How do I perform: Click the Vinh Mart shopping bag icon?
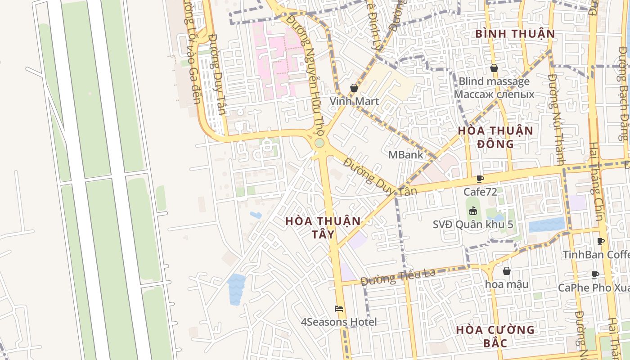pyautogui.click(x=354, y=88)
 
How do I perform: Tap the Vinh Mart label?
pyautogui.click(x=354, y=101)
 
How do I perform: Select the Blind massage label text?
pyautogui.click(x=494, y=82)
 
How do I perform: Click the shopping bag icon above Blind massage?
pyautogui.click(x=494, y=68)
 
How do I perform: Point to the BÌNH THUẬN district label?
pyautogui.click(x=515, y=34)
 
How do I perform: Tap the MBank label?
pyautogui.click(x=405, y=155)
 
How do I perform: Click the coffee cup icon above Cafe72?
pyautogui.click(x=480, y=179)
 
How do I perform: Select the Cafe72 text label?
pyautogui.click(x=480, y=192)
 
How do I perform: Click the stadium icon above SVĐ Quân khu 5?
pyautogui.click(x=472, y=210)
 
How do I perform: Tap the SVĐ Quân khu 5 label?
pyautogui.click(x=472, y=224)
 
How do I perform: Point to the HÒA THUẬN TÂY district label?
pyautogui.click(x=323, y=228)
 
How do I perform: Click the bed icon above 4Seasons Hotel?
pyautogui.click(x=339, y=309)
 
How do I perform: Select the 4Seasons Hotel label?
pyautogui.click(x=339, y=322)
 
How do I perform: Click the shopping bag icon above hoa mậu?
pyautogui.click(x=507, y=271)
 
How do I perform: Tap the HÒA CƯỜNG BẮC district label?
pyautogui.click(x=495, y=336)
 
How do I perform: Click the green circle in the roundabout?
pyautogui.click(x=319, y=143)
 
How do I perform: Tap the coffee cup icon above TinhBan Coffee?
pyautogui.click(x=601, y=241)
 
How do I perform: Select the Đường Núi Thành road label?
pyautogui.click(x=557, y=119)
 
